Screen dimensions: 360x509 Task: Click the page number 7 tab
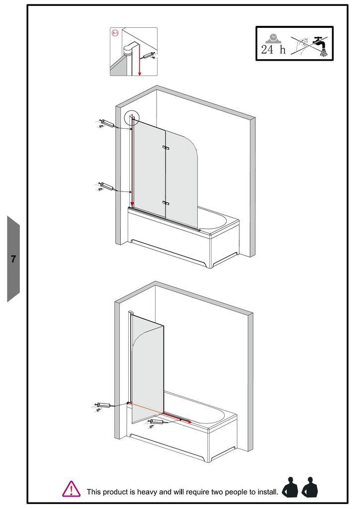point(13,258)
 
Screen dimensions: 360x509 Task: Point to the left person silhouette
point(290,488)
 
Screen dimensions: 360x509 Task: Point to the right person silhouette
point(310,488)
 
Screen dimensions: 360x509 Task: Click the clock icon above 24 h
point(272,38)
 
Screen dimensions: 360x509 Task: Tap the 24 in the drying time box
point(268,49)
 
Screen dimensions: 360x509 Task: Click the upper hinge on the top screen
point(166,148)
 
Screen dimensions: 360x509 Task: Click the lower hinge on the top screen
point(166,203)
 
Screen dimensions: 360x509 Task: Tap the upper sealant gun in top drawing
point(106,124)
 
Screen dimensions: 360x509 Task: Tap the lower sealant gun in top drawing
point(106,187)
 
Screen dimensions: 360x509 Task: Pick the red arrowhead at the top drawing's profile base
point(132,204)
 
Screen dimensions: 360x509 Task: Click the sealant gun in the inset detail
point(149,56)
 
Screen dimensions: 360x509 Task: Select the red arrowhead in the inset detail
point(140,74)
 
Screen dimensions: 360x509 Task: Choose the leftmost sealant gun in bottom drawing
point(103,406)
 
